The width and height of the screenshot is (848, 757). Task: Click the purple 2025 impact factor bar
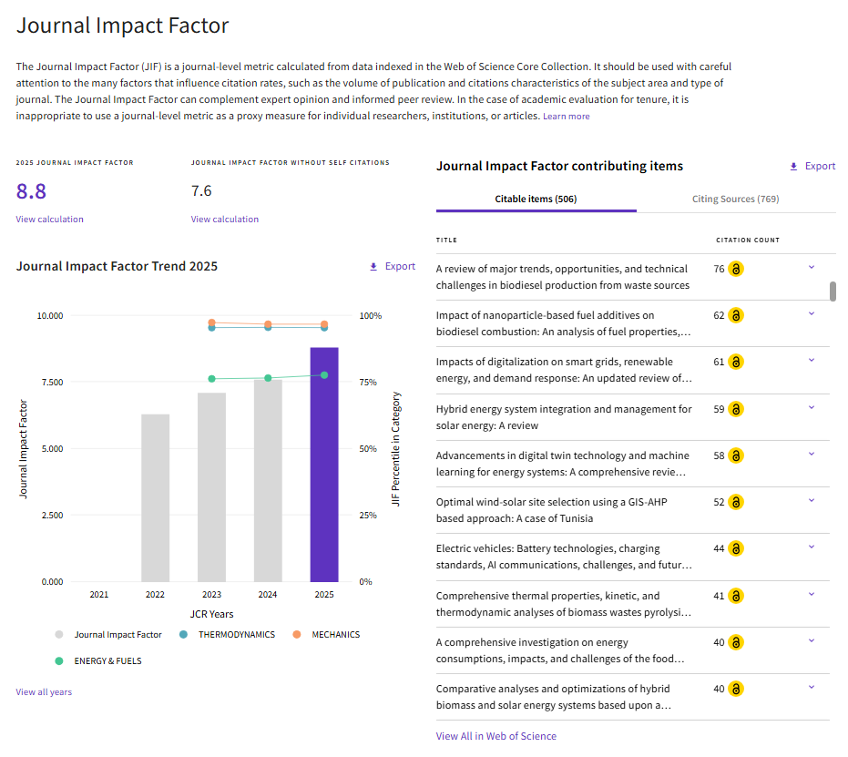[324, 465]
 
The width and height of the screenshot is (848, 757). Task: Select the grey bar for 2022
[155, 498]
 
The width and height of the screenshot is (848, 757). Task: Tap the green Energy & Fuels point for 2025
[324, 375]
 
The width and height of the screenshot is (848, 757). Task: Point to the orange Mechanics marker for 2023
[211, 322]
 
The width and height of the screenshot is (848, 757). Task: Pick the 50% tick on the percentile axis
[368, 449]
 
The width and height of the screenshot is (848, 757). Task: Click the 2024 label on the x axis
[268, 595]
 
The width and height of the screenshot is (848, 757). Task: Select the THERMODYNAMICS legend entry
[227, 635]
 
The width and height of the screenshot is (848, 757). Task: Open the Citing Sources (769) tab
[736, 199]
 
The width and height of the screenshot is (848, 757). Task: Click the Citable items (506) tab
[536, 199]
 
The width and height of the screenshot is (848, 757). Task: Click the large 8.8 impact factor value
[31, 191]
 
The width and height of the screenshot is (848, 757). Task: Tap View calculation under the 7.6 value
[225, 220]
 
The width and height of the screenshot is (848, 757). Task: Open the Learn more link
[567, 117]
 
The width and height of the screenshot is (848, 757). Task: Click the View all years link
[44, 692]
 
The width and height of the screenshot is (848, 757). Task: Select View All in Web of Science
[496, 736]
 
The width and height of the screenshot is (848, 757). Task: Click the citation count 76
[719, 269]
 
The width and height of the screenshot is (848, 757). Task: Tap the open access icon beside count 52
[736, 502]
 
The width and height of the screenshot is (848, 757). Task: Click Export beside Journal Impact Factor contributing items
[812, 166]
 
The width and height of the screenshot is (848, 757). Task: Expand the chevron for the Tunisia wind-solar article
[812, 500]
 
